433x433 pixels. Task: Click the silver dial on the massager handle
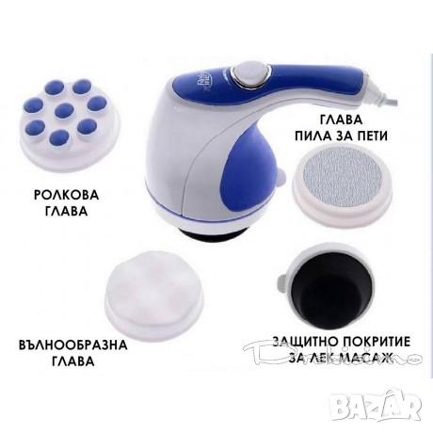(254, 73)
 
